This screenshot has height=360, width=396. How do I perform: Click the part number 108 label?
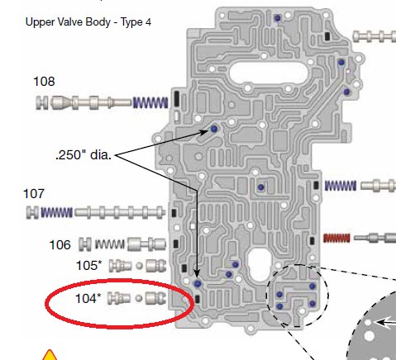44,82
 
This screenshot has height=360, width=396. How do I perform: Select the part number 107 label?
34,194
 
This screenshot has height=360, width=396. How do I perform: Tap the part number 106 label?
60,244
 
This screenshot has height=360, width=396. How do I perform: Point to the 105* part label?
88,266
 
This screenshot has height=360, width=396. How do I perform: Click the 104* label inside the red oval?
88,298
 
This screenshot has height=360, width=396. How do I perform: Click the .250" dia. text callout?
83,155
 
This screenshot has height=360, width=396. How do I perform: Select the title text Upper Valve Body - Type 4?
88,21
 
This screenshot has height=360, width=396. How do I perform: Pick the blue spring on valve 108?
150,102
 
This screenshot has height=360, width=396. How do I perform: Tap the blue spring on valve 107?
56,212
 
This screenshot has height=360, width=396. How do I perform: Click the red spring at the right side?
336,238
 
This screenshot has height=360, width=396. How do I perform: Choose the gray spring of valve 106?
109,244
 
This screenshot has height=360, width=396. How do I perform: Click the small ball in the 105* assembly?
140,266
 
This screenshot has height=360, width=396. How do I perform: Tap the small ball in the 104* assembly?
139,298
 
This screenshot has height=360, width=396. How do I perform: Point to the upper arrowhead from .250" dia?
204,132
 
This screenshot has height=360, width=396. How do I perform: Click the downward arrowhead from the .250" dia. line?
197,273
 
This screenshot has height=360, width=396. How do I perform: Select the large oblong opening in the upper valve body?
269,73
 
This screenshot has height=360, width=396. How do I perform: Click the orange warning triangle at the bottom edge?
50,355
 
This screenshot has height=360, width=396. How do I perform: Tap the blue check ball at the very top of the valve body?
278,18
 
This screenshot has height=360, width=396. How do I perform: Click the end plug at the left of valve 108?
42,102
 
